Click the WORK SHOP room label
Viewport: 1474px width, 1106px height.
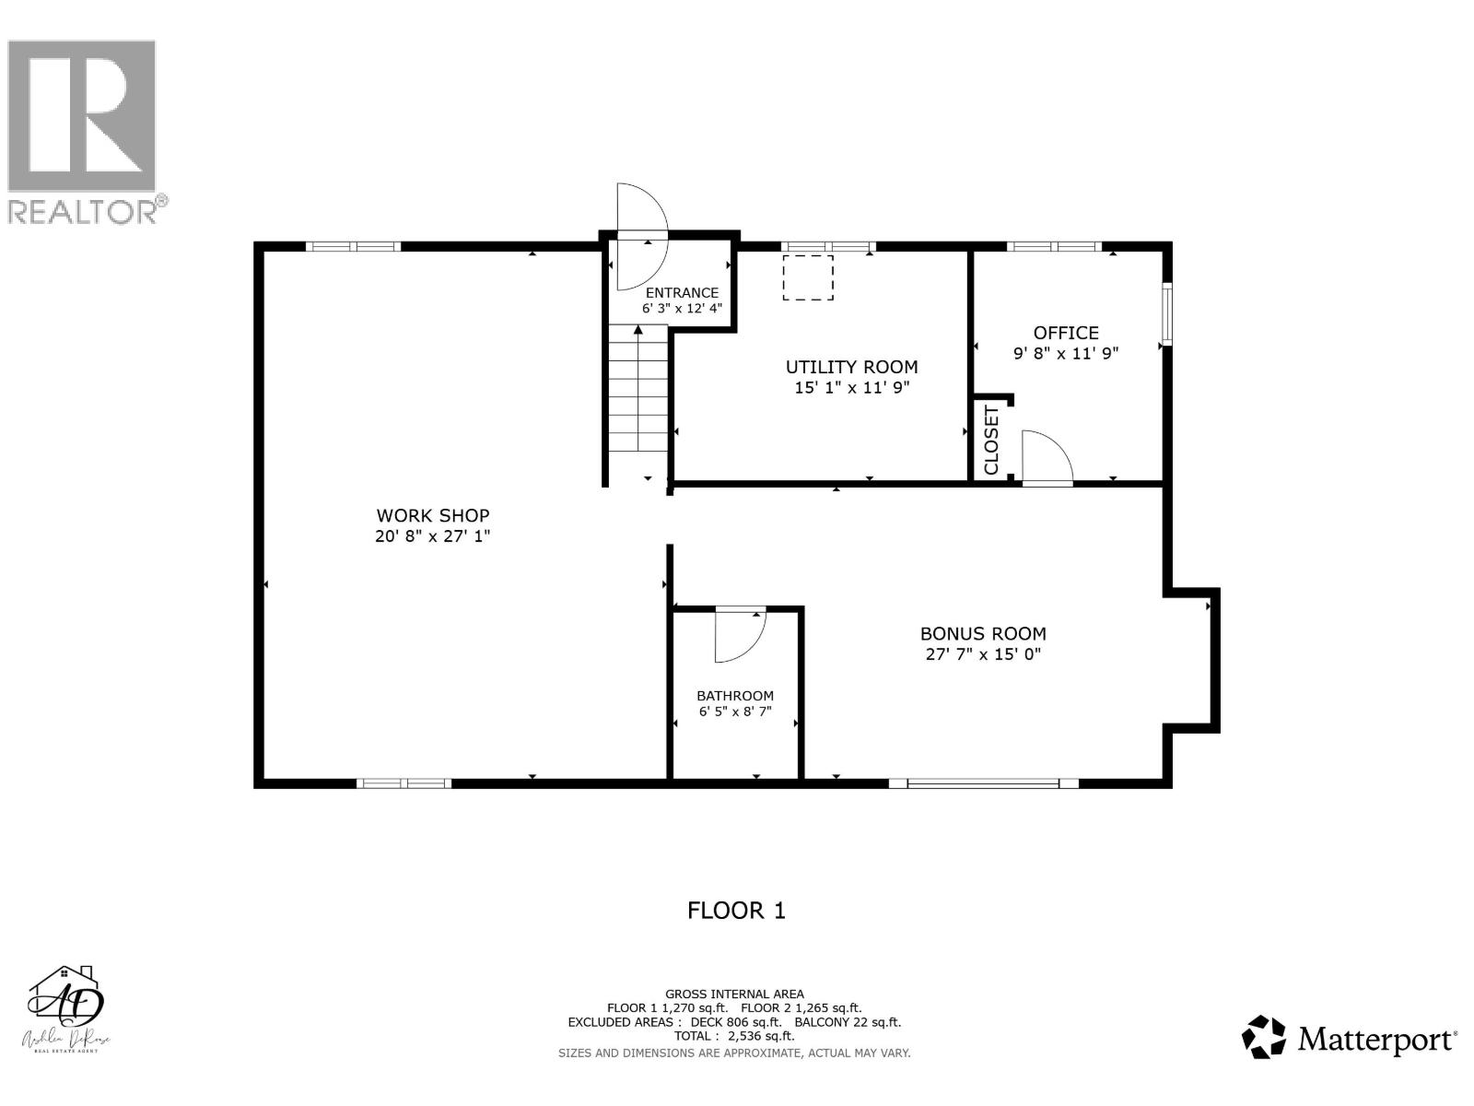click(x=432, y=516)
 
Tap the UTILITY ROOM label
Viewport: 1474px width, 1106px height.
click(x=851, y=367)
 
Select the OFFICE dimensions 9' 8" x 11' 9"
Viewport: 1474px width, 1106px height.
click(x=1066, y=353)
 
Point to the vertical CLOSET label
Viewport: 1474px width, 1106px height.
click(x=992, y=441)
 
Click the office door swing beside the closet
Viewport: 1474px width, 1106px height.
click(x=1044, y=458)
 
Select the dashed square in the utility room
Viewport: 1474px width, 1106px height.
click(x=808, y=277)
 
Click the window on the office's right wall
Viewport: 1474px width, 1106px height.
click(x=1166, y=313)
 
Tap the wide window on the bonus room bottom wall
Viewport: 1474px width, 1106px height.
click(x=983, y=783)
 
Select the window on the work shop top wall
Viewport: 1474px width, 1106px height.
click(x=354, y=246)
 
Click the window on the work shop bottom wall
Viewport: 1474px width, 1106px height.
click(x=404, y=783)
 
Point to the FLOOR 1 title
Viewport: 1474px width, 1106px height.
click(x=736, y=911)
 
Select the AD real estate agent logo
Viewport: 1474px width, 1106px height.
click(x=66, y=1009)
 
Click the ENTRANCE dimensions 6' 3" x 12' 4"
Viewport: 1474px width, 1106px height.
click(x=682, y=309)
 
